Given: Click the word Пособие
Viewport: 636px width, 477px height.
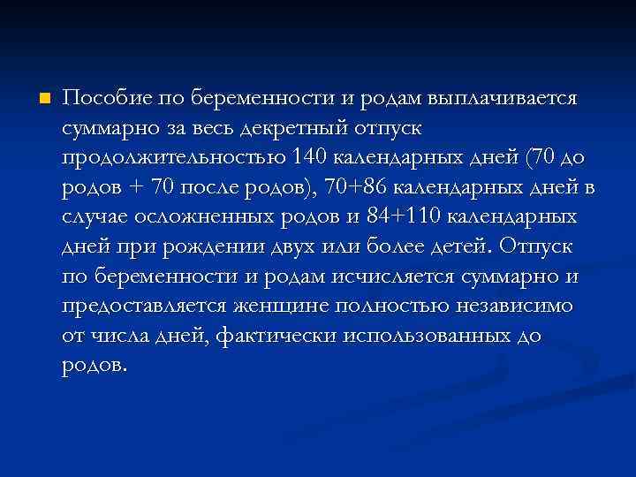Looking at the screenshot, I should click(104, 97).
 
